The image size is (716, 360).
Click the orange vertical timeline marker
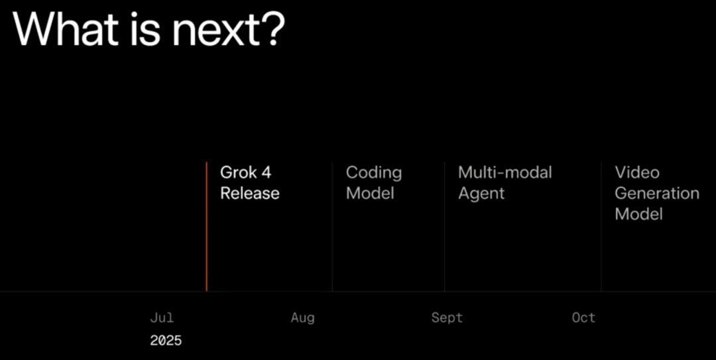click(x=206, y=227)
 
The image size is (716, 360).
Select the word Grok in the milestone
click(x=239, y=172)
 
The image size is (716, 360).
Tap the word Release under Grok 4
click(x=250, y=193)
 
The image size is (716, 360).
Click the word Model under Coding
click(x=370, y=193)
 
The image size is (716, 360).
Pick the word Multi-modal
click(x=505, y=172)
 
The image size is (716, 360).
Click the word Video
click(x=637, y=172)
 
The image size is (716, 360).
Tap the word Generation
click(x=657, y=193)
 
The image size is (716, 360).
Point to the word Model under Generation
click(x=638, y=214)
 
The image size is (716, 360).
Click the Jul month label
click(x=162, y=318)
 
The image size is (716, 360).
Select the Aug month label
click(x=303, y=318)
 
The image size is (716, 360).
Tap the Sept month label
click(x=447, y=318)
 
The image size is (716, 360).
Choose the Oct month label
click(x=583, y=318)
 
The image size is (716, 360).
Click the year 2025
click(x=166, y=340)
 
